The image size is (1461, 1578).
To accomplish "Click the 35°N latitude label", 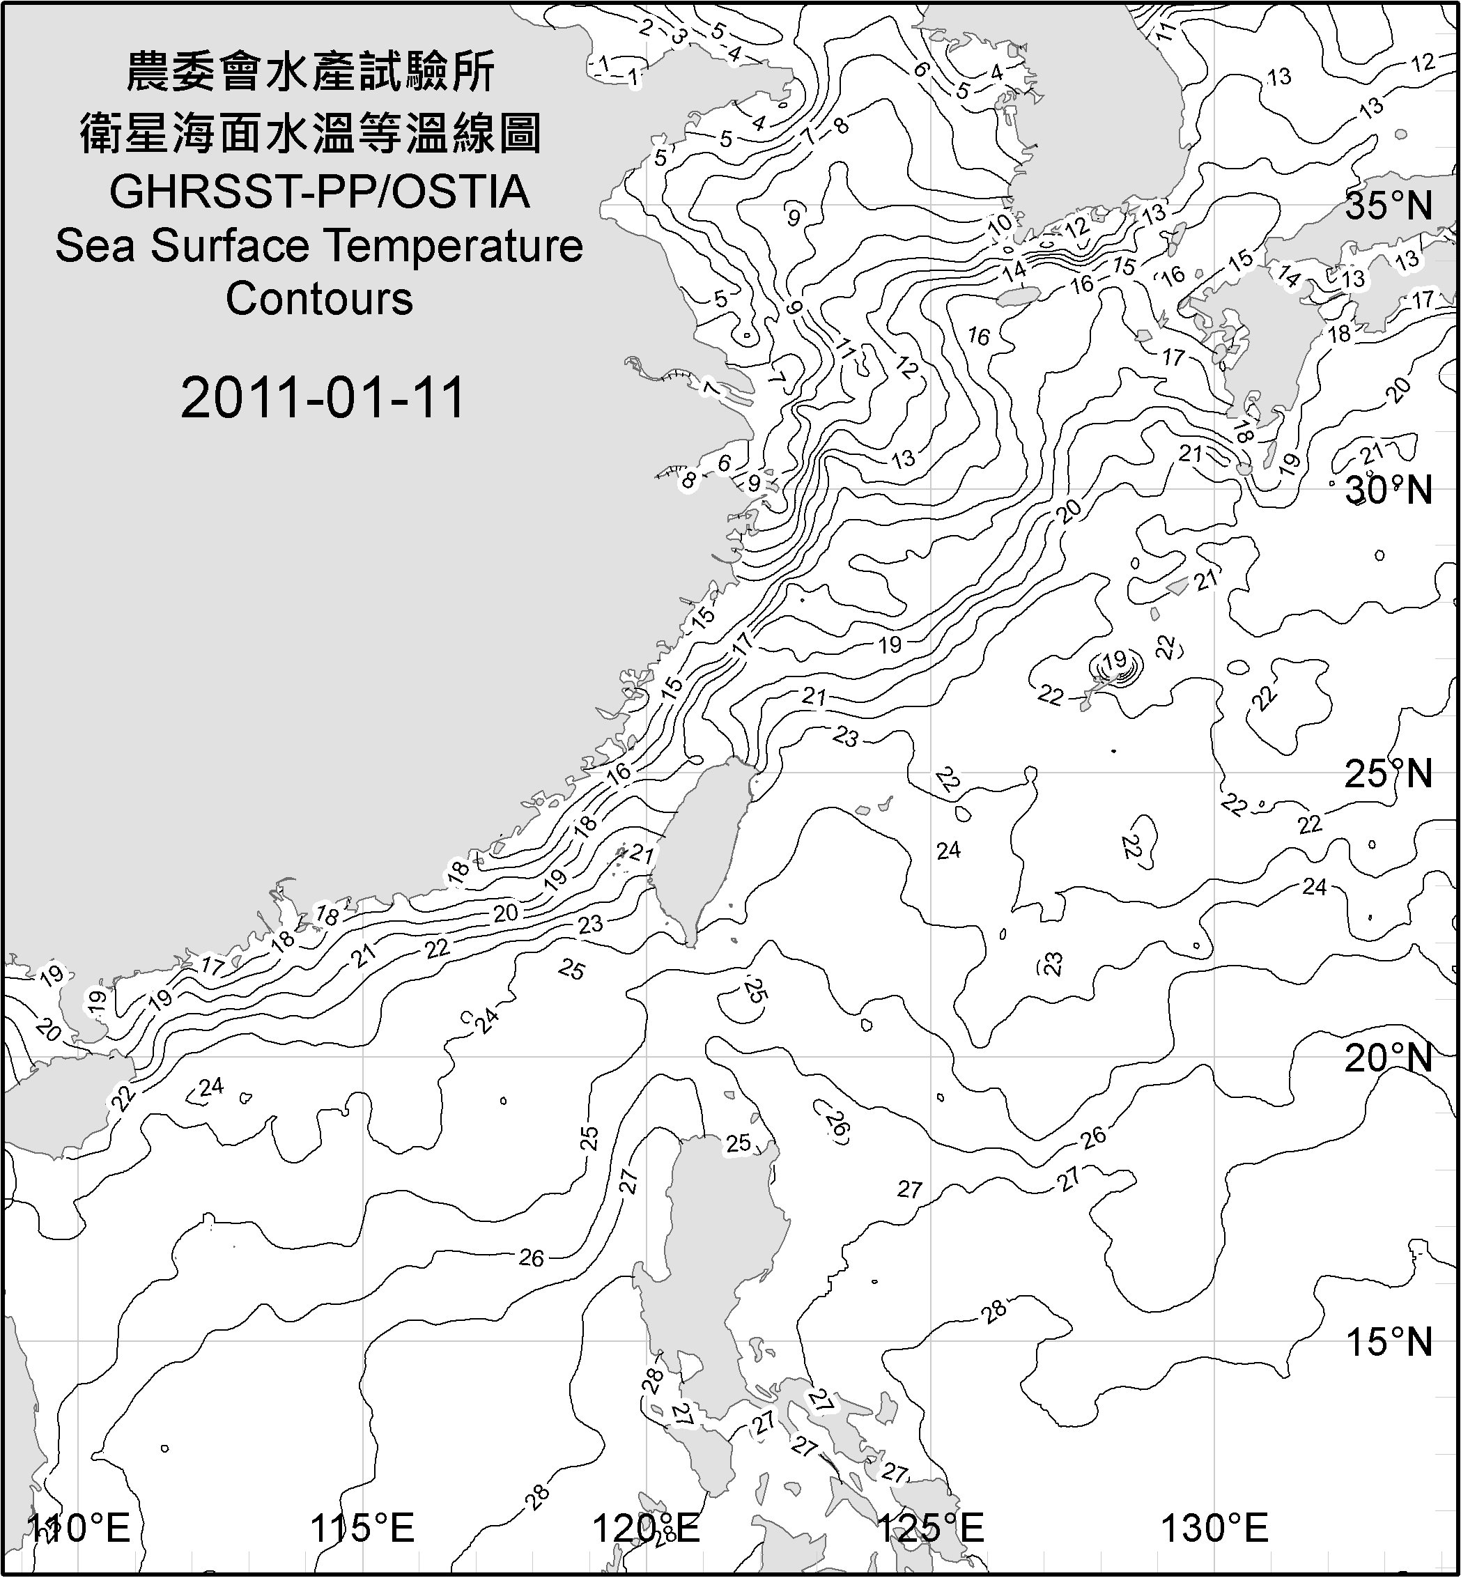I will (1389, 206).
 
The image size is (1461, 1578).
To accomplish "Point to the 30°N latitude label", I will (1389, 490).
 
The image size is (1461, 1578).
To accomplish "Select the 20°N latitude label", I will (1389, 1058).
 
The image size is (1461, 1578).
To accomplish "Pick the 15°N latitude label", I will (1389, 1342).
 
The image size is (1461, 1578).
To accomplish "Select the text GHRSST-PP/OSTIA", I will (319, 192).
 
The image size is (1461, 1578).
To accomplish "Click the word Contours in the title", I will (319, 299).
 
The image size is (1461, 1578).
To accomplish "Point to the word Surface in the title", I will (229, 245).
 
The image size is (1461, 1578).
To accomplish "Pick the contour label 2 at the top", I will (646, 28).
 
